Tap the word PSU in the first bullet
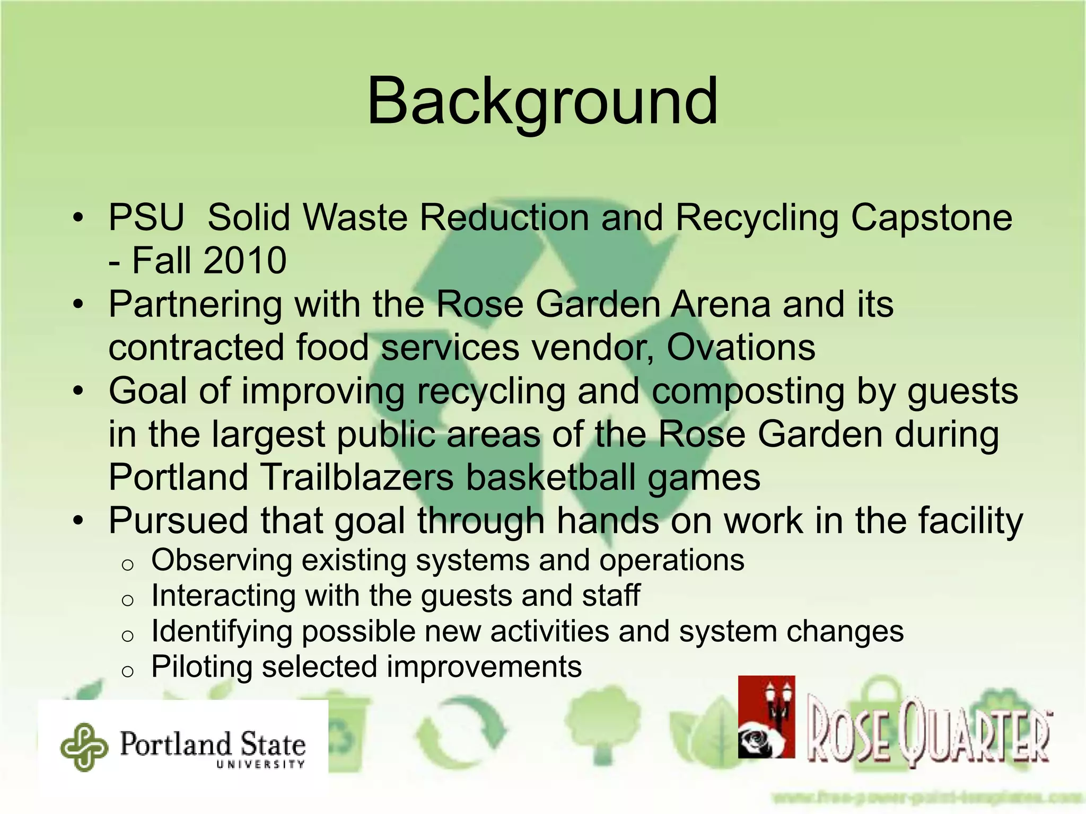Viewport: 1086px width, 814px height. point(146,218)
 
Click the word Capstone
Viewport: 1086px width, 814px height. point(932,218)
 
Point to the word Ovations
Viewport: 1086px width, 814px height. point(741,348)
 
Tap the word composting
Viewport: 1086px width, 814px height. point(748,391)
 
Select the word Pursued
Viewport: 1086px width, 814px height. point(178,520)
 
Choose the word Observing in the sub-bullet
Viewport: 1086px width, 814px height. point(221,560)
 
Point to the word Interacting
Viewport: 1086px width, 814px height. point(223,596)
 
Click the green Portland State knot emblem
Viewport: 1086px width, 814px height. point(84,747)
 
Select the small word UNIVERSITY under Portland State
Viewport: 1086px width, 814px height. point(260,764)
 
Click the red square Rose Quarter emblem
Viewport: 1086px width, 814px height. point(766,716)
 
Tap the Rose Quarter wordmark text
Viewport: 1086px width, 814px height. point(928,734)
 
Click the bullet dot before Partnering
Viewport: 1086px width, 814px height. point(78,305)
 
